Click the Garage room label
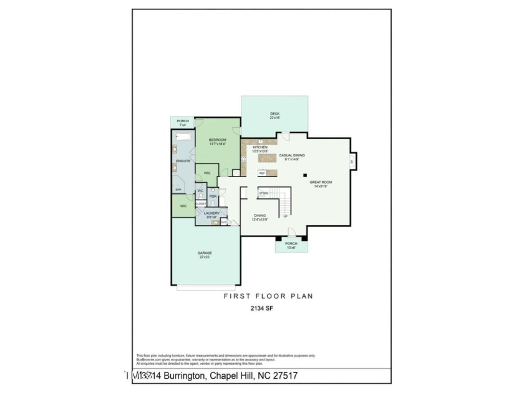[x=205, y=253]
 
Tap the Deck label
[x=274, y=114]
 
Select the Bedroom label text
[x=217, y=139]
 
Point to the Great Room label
[x=321, y=182]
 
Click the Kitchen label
[x=260, y=147]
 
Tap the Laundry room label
[x=211, y=213]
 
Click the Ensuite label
[x=183, y=161]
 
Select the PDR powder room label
[x=213, y=196]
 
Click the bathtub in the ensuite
[x=183, y=141]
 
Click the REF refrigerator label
[x=262, y=173]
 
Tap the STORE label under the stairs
[x=263, y=193]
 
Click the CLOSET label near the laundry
[x=200, y=203]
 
